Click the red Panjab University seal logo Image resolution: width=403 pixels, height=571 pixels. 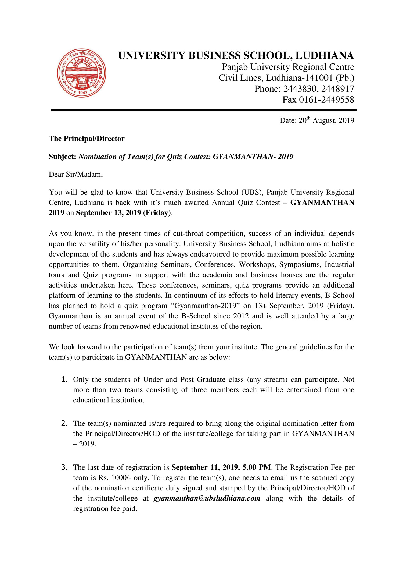click(81, 73)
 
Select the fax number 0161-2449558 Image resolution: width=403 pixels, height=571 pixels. click(326, 100)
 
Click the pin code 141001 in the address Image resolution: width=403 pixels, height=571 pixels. click(319, 78)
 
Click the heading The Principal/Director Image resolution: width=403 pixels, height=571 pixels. click(87, 139)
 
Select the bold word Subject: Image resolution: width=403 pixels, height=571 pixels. click(63, 157)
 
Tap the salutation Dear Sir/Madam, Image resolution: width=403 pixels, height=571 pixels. click(76, 175)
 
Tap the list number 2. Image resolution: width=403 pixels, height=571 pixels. click(64, 423)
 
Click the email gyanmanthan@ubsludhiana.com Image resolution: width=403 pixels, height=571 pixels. click(207, 498)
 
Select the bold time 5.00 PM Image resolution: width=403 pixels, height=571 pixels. click(257, 467)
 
